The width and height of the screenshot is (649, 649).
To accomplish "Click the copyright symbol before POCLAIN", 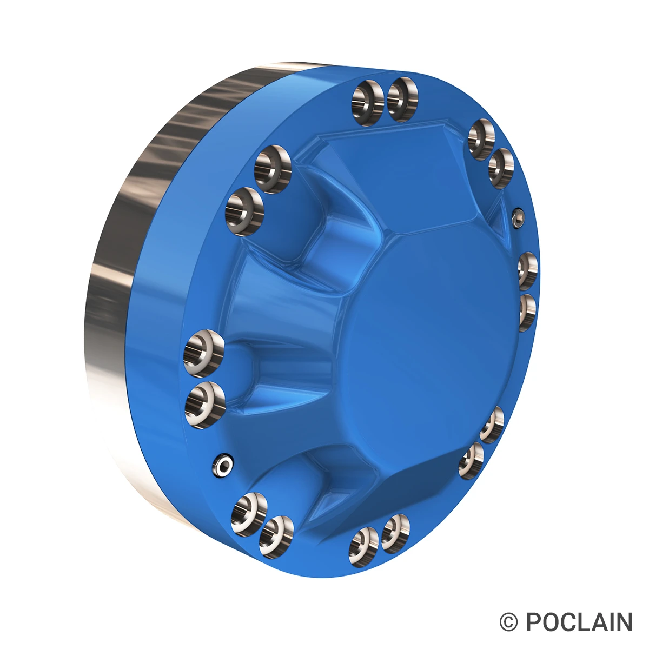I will (508, 622).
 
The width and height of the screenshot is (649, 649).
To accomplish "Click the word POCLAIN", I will (579, 622).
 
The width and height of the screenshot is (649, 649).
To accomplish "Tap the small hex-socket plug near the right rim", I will (518, 217).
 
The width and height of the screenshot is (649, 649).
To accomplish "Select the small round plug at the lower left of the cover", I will (222, 465).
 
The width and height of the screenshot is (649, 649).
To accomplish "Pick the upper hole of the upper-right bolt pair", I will (481, 140).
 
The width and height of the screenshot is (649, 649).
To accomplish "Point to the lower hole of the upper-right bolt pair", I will (500, 168).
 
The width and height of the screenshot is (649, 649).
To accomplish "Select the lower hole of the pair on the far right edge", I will (527, 312).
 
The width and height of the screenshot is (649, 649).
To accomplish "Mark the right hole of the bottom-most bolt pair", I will (395, 533).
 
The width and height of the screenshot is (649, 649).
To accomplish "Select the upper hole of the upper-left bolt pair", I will (273, 169).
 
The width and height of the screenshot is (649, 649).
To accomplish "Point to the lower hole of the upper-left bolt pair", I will (244, 211).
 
